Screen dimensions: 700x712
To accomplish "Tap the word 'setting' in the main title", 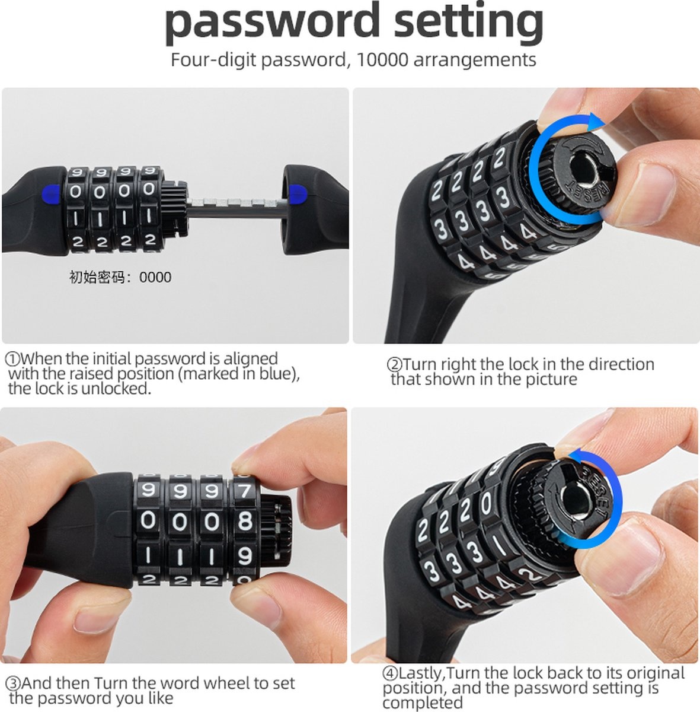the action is click(469, 23).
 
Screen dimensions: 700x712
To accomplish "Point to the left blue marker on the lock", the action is click(50, 195).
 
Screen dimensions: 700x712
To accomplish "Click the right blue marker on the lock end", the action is click(298, 195).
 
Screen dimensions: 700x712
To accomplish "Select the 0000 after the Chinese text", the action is click(155, 277).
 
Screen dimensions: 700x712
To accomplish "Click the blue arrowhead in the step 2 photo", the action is click(594, 122).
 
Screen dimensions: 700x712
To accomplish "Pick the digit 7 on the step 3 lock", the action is click(244, 491).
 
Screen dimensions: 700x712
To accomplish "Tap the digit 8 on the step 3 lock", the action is click(245, 521).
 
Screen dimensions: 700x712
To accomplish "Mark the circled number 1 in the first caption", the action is click(13, 358).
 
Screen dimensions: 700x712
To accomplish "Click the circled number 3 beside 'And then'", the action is click(14, 683).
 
